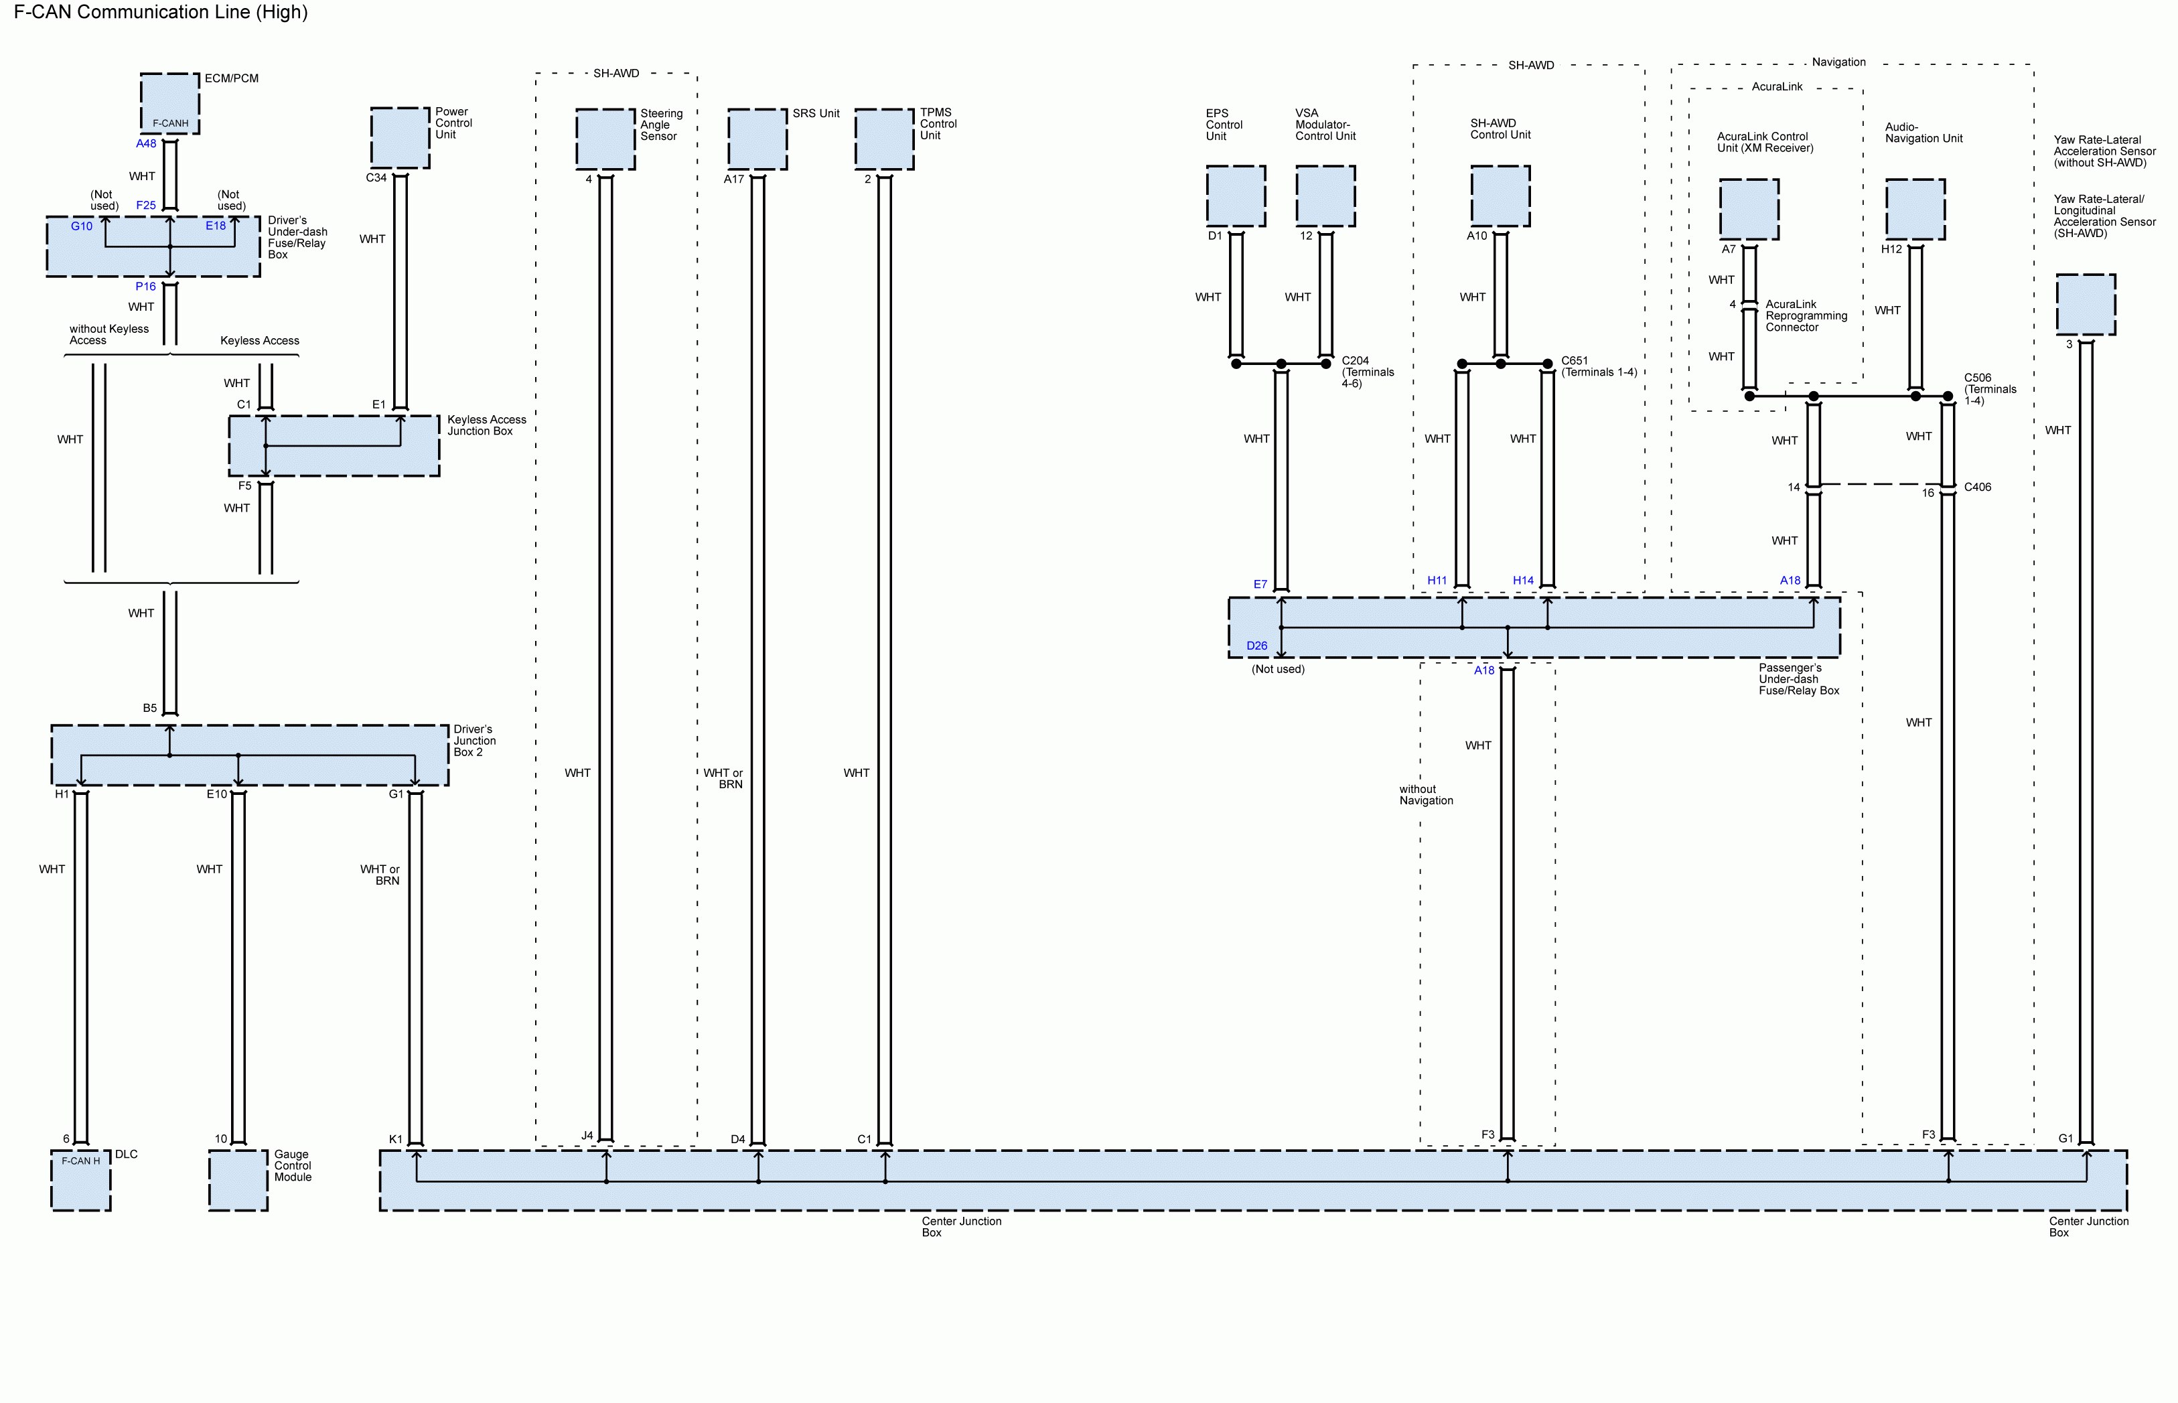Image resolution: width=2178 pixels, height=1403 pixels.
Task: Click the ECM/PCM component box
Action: coord(170,103)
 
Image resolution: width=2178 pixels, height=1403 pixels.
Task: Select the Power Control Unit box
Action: coord(400,137)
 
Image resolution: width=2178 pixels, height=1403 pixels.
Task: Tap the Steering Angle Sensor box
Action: coord(605,139)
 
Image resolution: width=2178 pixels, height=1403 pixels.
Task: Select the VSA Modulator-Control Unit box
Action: coord(1325,196)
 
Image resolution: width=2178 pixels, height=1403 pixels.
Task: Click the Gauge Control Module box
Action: coord(238,1180)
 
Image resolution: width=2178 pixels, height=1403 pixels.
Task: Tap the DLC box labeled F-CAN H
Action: coord(81,1180)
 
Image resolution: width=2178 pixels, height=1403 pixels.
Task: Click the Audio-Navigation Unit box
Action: coord(1915,210)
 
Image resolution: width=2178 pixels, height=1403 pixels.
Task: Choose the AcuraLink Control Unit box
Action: coord(1749,210)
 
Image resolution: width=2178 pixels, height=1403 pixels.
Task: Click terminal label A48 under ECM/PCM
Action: coord(146,144)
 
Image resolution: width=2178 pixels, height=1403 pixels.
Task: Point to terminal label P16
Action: coord(146,286)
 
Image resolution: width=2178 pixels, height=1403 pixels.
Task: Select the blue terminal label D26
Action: coord(1256,646)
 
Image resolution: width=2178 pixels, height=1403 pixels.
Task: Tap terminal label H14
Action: coord(1523,581)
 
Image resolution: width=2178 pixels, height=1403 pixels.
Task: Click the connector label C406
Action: coord(1978,488)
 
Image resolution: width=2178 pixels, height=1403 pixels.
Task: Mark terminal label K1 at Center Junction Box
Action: coord(395,1138)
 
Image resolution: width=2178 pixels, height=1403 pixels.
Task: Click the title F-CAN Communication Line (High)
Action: coord(161,12)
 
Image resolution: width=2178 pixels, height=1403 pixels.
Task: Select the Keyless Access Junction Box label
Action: coord(486,425)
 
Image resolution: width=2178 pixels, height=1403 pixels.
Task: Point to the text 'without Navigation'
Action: coord(1427,796)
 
